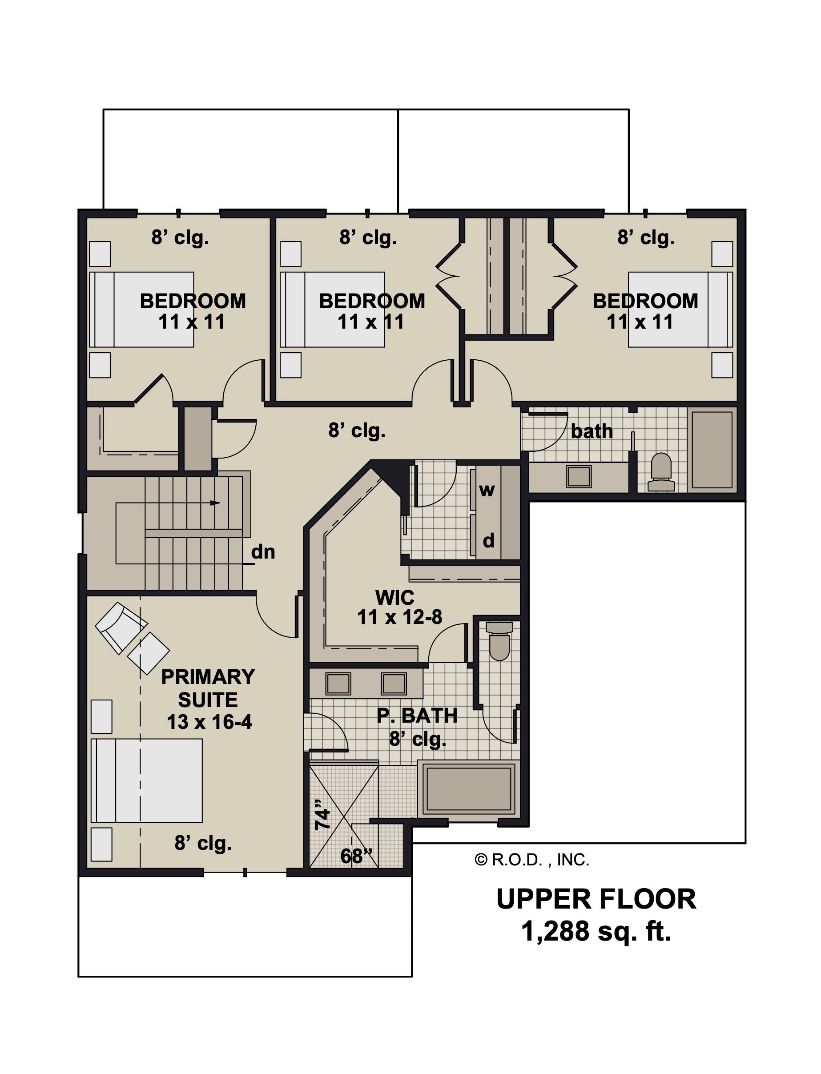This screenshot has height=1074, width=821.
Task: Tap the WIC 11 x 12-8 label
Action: (399, 607)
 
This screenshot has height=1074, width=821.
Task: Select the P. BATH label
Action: (417, 716)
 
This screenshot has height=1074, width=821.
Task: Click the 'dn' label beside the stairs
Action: (263, 552)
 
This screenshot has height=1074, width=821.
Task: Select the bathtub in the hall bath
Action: (712, 450)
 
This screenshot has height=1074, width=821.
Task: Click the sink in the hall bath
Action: (579, 476)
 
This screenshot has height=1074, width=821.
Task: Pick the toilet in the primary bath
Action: (499, 640)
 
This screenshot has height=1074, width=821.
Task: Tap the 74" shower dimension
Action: (322, 815)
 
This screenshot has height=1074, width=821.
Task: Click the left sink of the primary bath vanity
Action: (338, 684)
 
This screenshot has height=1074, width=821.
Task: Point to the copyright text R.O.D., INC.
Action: (532, 860)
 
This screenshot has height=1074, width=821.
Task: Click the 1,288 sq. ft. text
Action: (596, 931)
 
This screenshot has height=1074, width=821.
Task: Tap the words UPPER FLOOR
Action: (596, 899)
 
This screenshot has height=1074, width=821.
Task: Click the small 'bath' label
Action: (592, 431)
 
